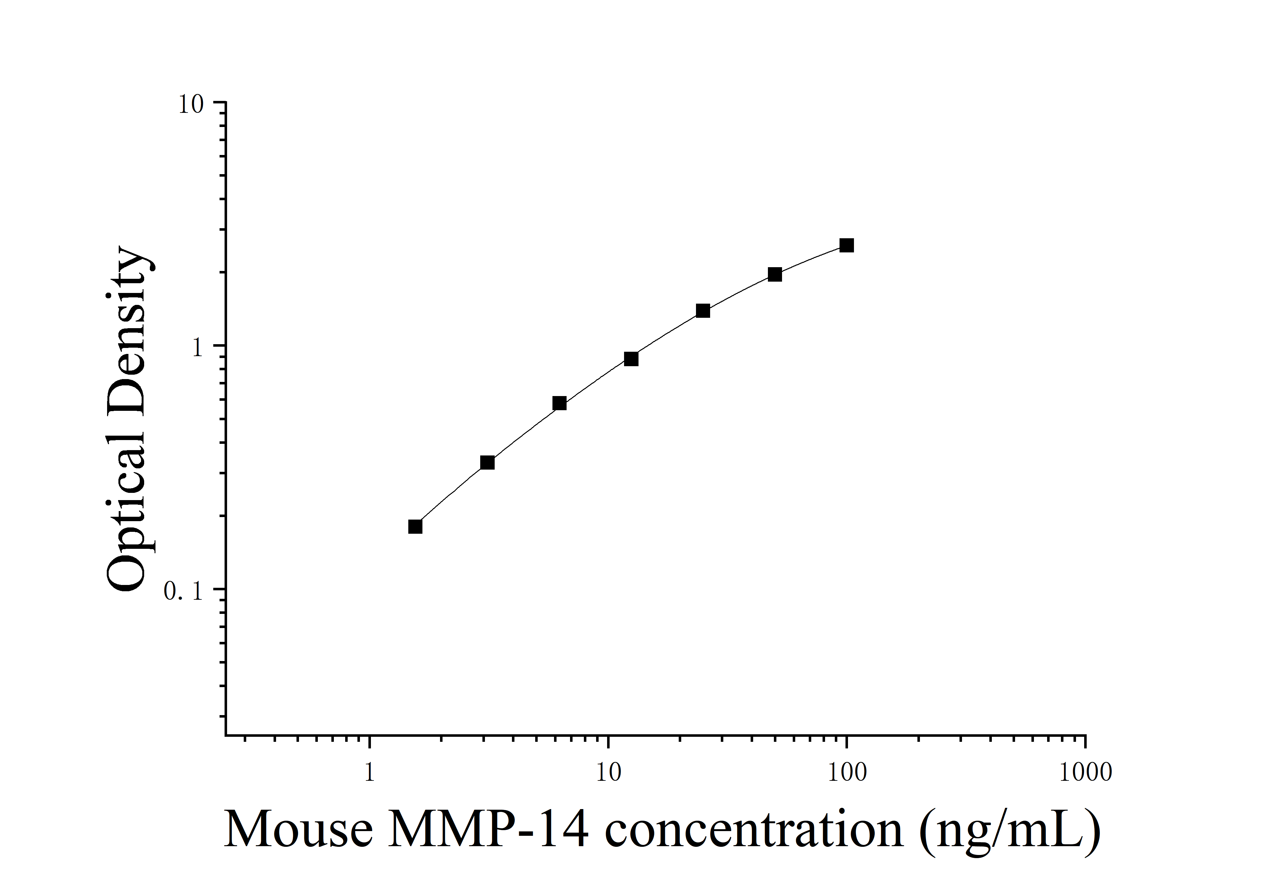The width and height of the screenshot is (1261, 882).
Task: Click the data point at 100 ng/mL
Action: pos(846,245)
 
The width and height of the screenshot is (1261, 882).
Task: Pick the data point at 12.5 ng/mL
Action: pos(631,359)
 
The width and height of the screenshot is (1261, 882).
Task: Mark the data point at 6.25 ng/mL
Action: pos(559,403)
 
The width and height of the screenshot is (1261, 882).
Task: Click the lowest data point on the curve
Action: pos(415,526)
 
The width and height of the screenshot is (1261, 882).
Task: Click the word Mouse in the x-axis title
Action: pos(299,830)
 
